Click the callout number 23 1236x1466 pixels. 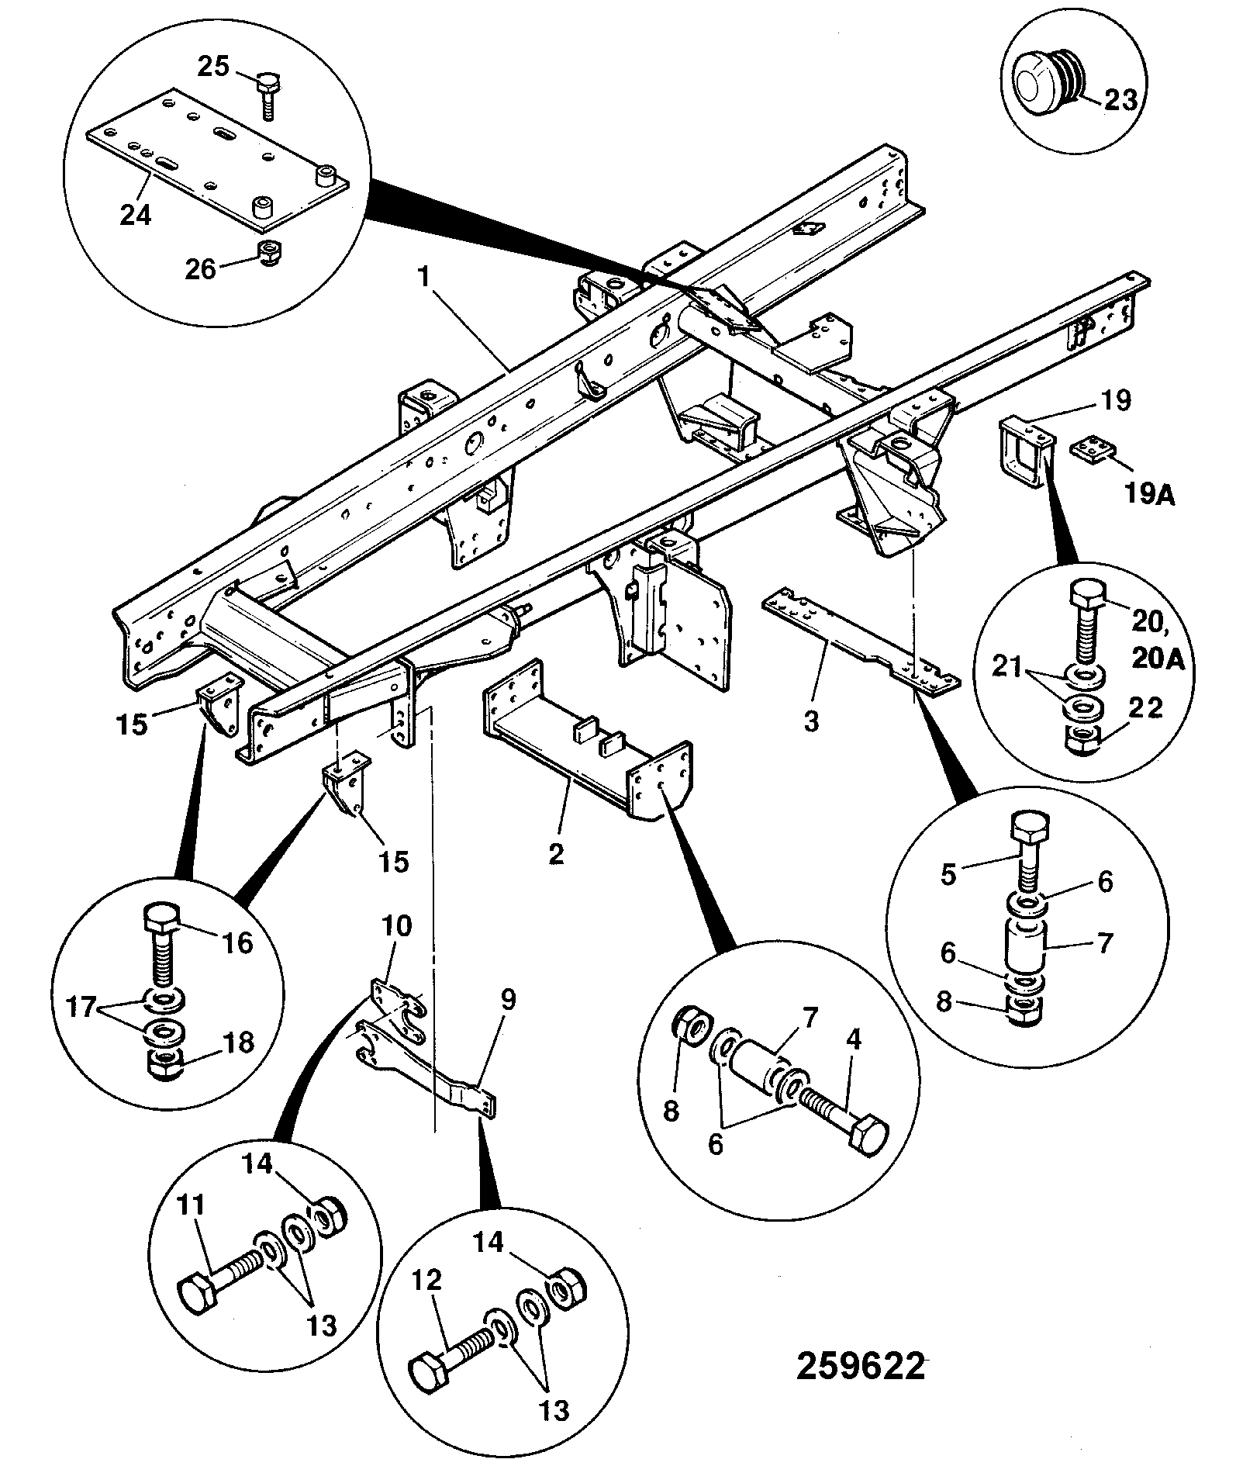pyautogui.click(x=1120, y=99)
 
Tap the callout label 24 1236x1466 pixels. pyautogui.click(x=135, y=214)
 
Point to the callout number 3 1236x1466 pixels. pyautogui.click(x=811, y=721)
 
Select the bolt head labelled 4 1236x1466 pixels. pyautogui.click(x=868, y=1139)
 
